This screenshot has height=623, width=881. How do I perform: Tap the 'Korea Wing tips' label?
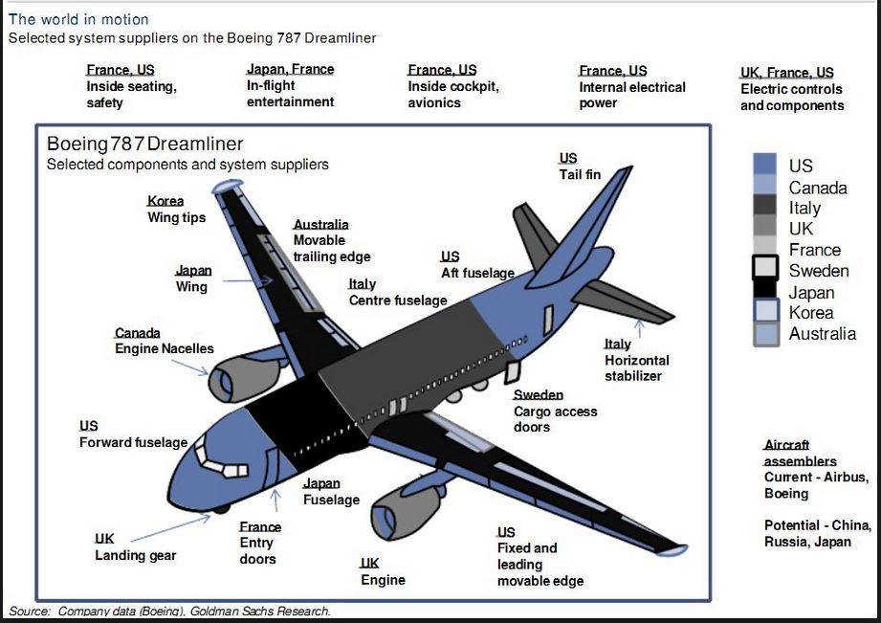click(176, 210)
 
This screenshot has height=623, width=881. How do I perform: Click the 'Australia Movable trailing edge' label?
click(331, 240)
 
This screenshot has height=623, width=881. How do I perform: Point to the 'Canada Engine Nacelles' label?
click(164, 341)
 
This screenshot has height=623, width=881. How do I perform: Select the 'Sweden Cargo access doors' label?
click(555, 411)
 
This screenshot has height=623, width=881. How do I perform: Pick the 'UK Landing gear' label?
click(135, 547)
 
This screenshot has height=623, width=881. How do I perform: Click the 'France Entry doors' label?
click(259, 543)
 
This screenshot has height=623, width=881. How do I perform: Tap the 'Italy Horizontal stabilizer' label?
click(636, 360)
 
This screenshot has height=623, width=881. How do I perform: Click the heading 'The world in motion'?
click(78, 19)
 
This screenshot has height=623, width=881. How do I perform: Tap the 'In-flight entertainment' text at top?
click(291, 94)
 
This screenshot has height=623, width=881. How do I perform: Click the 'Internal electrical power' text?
click(631, 94)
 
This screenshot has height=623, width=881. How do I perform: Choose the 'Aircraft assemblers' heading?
click(800, 454)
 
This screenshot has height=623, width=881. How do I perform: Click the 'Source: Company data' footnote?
click(169, 611)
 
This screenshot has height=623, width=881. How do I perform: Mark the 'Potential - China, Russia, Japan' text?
click(817, 534)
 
